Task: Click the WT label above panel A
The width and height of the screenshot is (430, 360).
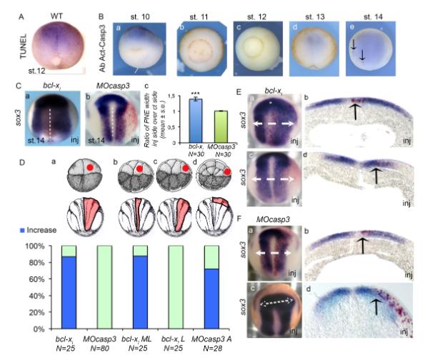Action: click(x=50, y=6)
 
